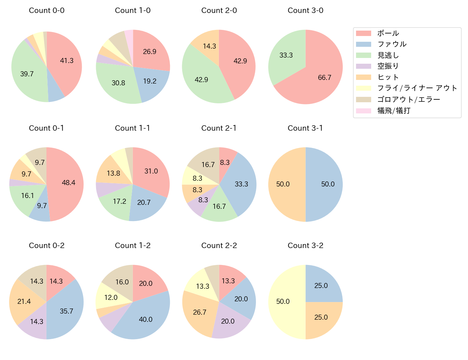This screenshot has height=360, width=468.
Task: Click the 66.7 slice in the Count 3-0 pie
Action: (320, 79)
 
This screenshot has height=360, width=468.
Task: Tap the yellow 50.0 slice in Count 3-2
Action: (284, 302)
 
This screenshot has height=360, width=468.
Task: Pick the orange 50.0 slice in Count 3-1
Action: (284, 184)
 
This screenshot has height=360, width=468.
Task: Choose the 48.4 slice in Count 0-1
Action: (67, 183)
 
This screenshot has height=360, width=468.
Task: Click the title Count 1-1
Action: (132, 128)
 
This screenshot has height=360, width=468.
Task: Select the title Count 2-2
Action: (219, 246)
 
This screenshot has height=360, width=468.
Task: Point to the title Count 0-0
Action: (46, 10)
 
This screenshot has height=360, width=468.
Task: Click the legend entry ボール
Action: (388, 33)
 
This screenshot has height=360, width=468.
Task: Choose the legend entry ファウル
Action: (392, 44)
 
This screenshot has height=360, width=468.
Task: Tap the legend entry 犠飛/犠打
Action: (394, 111)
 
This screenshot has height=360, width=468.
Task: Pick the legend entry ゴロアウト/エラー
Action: (409, 99)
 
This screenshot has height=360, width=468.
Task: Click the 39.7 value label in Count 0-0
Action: (27, 74)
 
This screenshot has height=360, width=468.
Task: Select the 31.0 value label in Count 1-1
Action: (151, 171)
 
